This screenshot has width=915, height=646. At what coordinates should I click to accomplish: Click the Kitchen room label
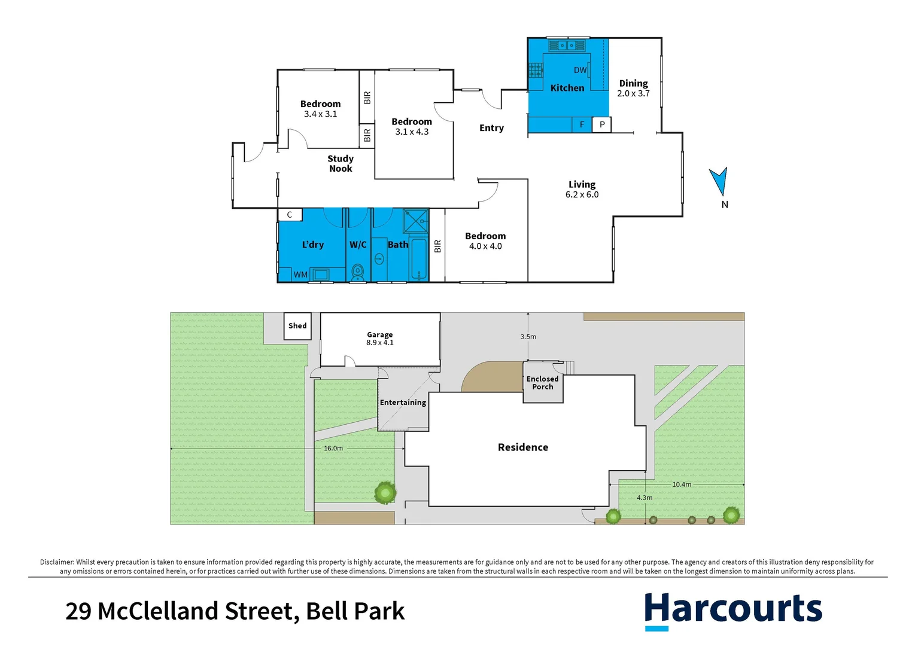[x=567, y=88]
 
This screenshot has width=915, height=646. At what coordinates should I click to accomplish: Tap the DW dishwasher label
[x=580, y=70]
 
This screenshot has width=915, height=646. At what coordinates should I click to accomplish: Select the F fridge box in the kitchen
[x=582, y=124]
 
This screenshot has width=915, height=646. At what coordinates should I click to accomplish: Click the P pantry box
[x=602, y=124]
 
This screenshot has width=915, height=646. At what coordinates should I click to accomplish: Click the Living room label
[x=582, y=184]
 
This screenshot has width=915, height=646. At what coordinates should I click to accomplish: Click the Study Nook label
[x=341, y=163]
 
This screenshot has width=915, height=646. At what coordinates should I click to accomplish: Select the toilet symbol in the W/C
[x=358, y=272]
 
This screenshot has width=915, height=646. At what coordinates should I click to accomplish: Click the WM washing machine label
[x=300, y=275]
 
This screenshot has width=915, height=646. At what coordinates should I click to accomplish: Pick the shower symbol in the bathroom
[x=416, y=220]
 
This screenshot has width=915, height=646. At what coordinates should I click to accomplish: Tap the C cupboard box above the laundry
[x=290, y=215]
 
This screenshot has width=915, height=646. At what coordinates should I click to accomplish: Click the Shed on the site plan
[x=297, y=326]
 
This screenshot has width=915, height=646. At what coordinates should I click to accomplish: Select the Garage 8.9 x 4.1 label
[x=380, y=339]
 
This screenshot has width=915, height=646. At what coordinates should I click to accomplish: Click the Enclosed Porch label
[x=543, y=383]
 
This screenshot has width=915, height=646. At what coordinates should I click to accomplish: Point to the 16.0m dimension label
[x=333, y=448]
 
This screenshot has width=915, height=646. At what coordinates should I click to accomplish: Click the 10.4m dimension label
[x=682, y=484]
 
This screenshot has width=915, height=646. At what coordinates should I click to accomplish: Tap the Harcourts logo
[x=733, y=610]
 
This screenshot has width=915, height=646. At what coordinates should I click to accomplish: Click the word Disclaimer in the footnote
[x=57, y=562]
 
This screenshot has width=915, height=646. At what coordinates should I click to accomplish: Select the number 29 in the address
[x=78, y=611]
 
